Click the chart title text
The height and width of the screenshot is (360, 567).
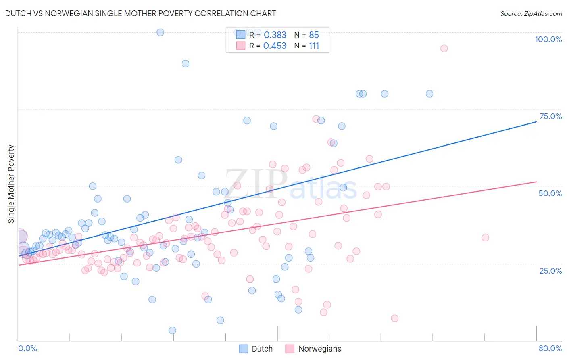tap(140, 13)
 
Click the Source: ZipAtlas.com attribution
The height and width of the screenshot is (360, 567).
tap(531, 13)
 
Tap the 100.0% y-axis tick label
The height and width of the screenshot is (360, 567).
tap(548, 39)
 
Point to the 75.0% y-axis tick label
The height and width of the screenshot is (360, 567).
tap(550, 116)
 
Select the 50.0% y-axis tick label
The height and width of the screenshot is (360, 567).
tap(550, 193)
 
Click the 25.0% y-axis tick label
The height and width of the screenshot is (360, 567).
tap(550, 270)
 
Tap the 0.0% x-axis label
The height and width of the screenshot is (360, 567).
tap(27, 348)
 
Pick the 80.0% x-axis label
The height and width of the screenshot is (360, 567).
tap(550, 348)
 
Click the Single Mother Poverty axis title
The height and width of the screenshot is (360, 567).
tap(11, 184)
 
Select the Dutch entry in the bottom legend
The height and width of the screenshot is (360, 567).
tap(256, 349)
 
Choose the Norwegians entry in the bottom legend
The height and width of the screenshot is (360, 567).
tap(313, 349)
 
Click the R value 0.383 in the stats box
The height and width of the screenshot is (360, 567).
tap(275, 35)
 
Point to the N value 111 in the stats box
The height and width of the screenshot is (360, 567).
tap(314, 46)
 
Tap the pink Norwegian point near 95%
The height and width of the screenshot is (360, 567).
tap(444, 48)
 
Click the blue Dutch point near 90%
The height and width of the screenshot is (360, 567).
tap(186, 63)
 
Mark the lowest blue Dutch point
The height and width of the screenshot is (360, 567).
tap(172, 331)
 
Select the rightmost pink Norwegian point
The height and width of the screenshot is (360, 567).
tap(486, 238)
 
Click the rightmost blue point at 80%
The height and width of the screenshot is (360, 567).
tap(429, 94)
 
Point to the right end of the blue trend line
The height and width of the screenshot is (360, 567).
tap(536, 121)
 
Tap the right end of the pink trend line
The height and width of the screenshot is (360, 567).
tap(536, 182)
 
